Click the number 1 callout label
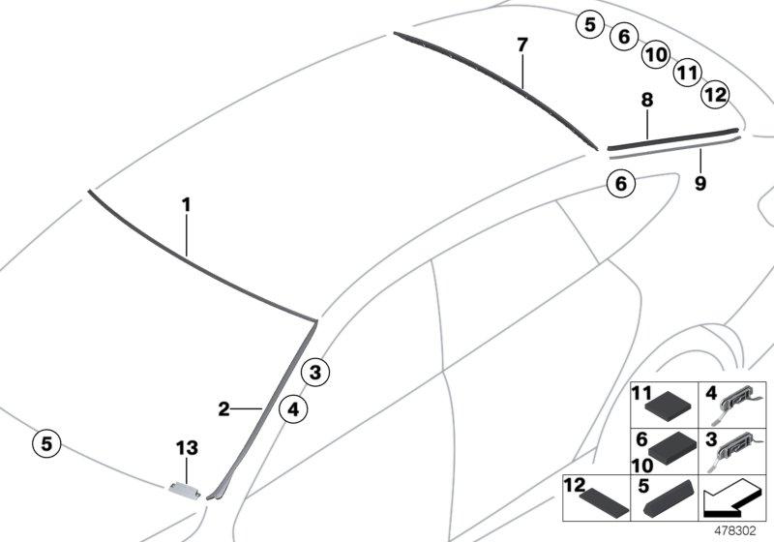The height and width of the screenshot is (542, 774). tap(186, 205)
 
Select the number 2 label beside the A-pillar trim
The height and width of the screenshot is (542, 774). tap(223, 409)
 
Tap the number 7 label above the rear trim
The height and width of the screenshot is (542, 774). tap(522, 45)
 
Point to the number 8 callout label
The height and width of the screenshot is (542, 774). tap(646, 100)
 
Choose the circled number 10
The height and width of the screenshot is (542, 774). tap(655, 55)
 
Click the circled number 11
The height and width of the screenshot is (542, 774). tap(687, 72)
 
